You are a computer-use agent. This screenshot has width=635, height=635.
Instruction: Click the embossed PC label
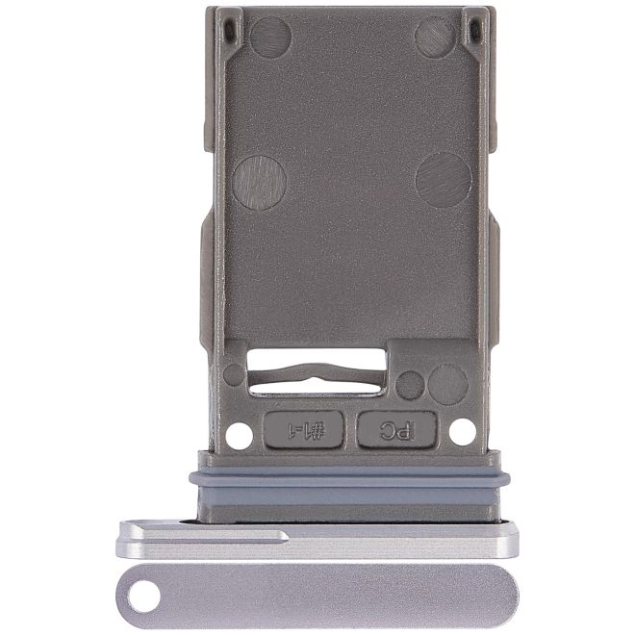[x=396, y=429]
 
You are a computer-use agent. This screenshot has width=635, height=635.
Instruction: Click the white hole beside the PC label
[x=463, y=432]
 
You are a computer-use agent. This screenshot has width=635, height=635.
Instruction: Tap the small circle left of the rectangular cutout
[x=234, y=374]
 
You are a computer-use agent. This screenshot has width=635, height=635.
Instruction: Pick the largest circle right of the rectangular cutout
[x=447, y=384]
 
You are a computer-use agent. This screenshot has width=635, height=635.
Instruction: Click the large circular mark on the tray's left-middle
[x=259, y=181]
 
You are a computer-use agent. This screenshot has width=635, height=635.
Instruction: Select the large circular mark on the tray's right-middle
[x=444, y=180]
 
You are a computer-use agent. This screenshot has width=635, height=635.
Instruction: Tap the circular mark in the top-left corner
[x=270, y=37]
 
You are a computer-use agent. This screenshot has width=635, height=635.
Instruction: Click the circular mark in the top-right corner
[x=435, y=37]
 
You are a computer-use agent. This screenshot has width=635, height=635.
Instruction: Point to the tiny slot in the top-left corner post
[x=230, y=31]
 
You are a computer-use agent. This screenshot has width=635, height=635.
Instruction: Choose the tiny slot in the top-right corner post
[x=473, y=29]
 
